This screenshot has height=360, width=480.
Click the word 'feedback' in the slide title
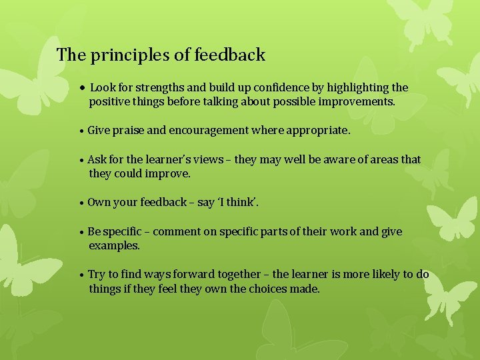tap(230, 55)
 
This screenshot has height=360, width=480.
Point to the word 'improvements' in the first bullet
tap(359, 103)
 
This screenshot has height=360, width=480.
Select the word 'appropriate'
tap(317, 131)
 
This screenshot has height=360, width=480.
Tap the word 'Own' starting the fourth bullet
tap(99, 202)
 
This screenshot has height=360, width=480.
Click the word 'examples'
tap(114, 246)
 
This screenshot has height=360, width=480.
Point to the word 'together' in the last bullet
tap(239, 275)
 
